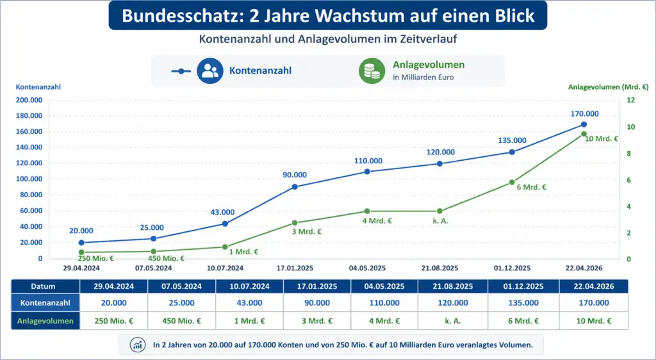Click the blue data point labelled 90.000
pos(295,186)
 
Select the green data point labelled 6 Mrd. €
pos(512,183)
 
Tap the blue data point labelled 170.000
pos(584,124)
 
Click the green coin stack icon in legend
pos(372,70)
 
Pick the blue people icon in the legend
pos(209,70)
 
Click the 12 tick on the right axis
pos(630,100)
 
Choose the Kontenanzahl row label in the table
pos(45,302)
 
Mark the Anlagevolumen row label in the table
pos(45,320)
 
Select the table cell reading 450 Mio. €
pos(182,320)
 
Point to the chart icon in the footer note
pos(137,345)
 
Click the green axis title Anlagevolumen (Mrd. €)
pos(608,86)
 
